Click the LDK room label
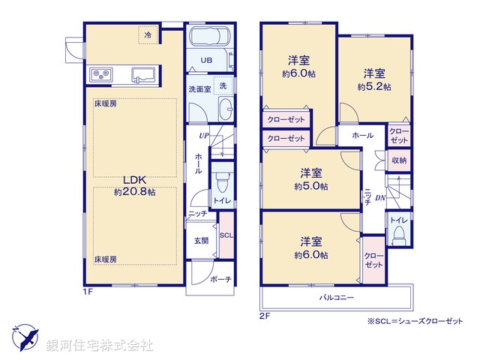click(x=135, y=180)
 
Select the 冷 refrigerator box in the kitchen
click(x=148, y=35)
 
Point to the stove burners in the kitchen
click(x=101, y=74)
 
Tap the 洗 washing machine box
click(x=223, y=86)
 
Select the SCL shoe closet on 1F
click(x=226, y=234)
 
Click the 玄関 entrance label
click(x=201, y=241)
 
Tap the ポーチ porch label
click(x=221, y=279)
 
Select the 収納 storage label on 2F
click(x=399, y=160)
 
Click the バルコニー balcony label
click(x=335, y=297)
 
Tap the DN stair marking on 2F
click(x=380, y=197)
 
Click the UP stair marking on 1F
click(x=203, y=136)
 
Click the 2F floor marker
click(x=265, y=316)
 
